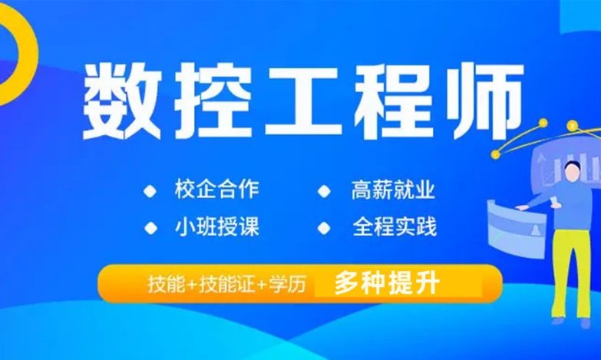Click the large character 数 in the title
click(x=122, y=101)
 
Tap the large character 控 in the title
click(x=213, y=101)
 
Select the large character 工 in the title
click(x=303, y=101)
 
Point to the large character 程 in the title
click(x=395, y=101)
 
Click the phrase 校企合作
click(x=217, y=189)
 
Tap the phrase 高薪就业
click(x=393, y=190)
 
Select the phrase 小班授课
click(x=217, y=226)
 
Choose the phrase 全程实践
click(x=395, y=226)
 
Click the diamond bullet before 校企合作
click(x=150, y=191)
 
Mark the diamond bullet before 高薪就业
click(x=324, y=191)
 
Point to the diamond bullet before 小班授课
click(x=150, y=228)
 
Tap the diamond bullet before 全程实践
click(x=324, y=228)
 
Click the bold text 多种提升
click(x=387, y=284)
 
